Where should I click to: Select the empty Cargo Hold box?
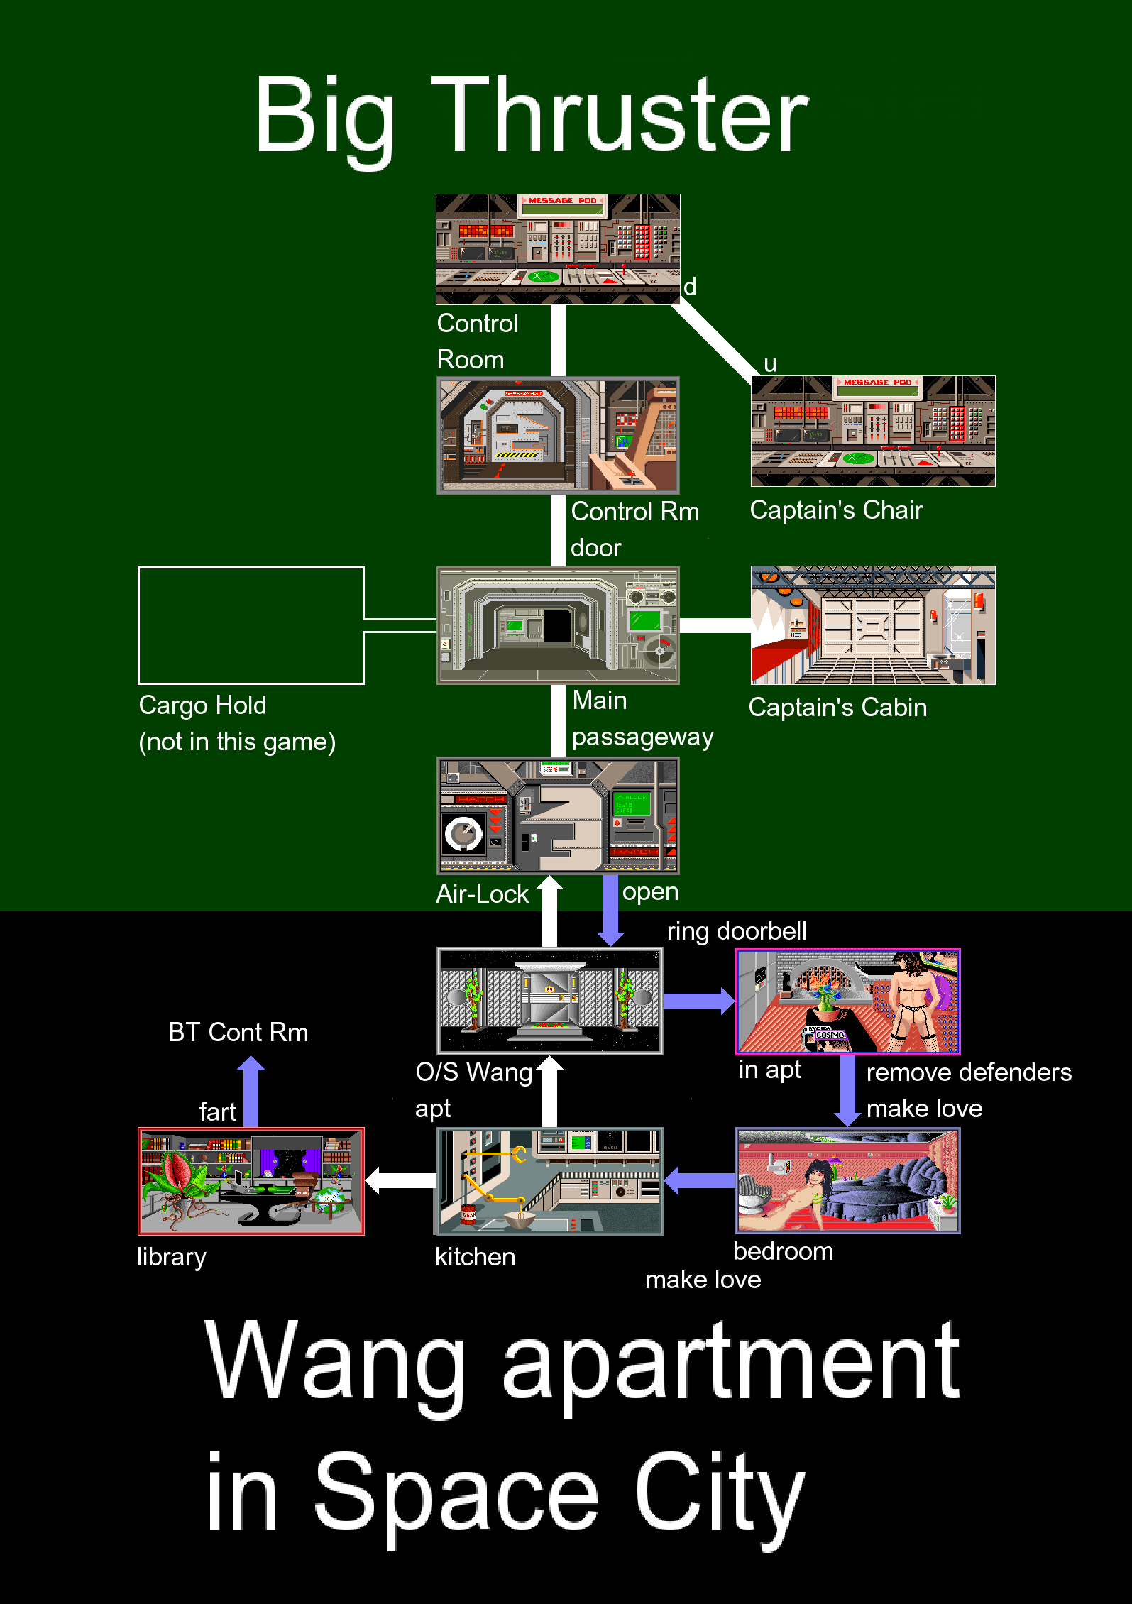[251, 625]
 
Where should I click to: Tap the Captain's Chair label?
[836, 510]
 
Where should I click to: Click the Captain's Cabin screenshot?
[873, 625]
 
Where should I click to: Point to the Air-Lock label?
[482, 894]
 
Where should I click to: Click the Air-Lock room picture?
[558, 815]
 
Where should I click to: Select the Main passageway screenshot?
[558, 625]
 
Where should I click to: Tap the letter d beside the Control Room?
[689, 287]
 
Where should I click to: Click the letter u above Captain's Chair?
[770, 364]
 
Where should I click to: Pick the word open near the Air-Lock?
[650, 891]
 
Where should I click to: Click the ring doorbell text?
[737, 931]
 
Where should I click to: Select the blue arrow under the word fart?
[251, 1092]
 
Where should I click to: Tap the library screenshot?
[251, 1181]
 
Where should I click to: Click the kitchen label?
[475, 1257]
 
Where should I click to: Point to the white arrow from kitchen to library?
[400, 1180]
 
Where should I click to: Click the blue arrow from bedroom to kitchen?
[699, 1180]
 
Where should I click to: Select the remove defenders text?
[969, 1072]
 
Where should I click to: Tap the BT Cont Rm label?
[238, 1032]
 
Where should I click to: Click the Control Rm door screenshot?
[558, 435]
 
